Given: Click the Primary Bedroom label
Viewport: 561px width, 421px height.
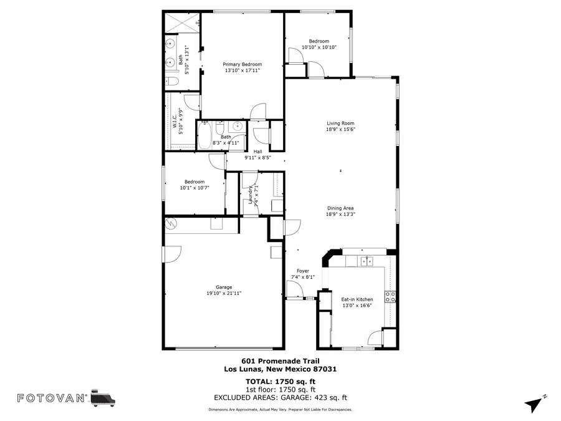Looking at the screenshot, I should (x=242, y=64).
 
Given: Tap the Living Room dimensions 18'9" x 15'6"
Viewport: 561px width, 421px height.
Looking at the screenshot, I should (x=340, y=130).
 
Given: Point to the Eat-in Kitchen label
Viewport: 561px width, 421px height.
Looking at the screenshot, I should (x=357, y=300).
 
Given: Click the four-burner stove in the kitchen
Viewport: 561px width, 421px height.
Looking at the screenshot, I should (x=390, y=297).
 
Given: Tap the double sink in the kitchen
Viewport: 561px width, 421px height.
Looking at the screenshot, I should (x=367, y=261).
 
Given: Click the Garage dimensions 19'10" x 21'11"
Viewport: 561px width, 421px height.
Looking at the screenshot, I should (x=224, y=293).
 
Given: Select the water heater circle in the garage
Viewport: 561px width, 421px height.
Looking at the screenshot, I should (x=171, y=223).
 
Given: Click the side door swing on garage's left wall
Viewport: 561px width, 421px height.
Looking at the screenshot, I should (x=172, y=253).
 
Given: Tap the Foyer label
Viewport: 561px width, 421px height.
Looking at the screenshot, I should (x=303, y=271).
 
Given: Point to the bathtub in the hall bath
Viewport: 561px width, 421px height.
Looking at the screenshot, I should (x=205, y=135).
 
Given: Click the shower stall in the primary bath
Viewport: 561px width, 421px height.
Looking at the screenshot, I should (x=182, y=22).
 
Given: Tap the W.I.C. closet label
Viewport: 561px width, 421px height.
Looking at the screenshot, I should (x=175, y=123).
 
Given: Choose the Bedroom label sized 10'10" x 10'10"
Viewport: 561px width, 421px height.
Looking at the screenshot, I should (x=319, y=41).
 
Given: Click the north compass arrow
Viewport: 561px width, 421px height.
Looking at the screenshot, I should (x=534, y=404).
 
